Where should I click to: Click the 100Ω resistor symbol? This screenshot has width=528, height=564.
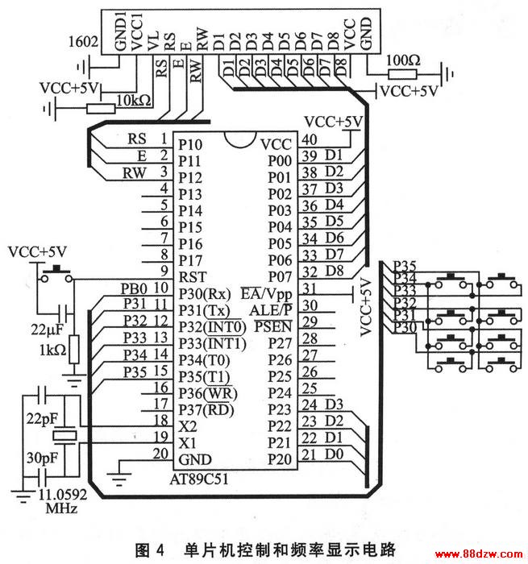point(402,74)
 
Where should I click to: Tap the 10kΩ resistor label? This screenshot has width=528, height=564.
point(134,100)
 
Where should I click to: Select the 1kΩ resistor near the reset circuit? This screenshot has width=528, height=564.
point(74,349)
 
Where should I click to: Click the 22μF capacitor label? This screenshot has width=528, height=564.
point(47,329)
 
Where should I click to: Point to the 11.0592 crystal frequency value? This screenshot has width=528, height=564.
point(63,494)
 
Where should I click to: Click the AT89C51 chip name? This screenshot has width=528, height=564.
point(199,479)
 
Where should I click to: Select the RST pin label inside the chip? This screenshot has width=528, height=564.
point(193,277)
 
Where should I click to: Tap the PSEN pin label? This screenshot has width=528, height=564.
point(273,326)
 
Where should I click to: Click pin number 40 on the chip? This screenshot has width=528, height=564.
point(310,139)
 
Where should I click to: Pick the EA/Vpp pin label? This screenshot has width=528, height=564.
point(266,294)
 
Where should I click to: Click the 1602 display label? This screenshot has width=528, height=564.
point(83,41)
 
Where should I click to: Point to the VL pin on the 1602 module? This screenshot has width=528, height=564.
point(152,40)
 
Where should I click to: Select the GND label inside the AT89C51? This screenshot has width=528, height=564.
point(195,459)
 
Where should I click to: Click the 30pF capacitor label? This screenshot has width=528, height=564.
point(42,458)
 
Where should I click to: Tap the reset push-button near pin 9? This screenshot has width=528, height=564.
point(56,275)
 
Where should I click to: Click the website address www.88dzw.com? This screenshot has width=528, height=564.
point(479,554)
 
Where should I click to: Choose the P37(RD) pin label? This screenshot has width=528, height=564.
point(206,409)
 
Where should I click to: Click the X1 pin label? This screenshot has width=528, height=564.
point(188,443)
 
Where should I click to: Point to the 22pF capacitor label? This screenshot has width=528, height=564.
point(42,419)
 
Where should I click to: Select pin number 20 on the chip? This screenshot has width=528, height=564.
point(161,454)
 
